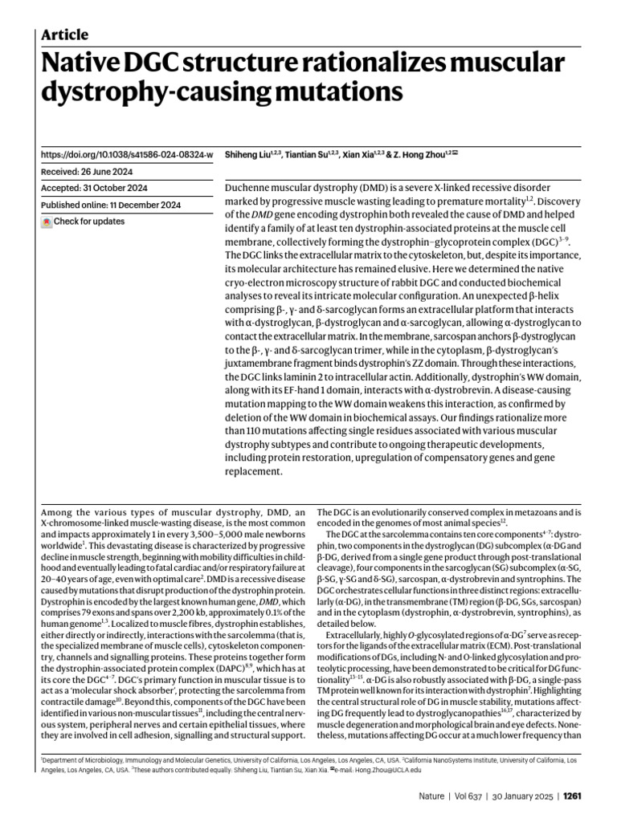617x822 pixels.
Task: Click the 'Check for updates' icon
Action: point(47,222)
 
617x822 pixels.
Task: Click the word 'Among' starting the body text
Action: point(58,511)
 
